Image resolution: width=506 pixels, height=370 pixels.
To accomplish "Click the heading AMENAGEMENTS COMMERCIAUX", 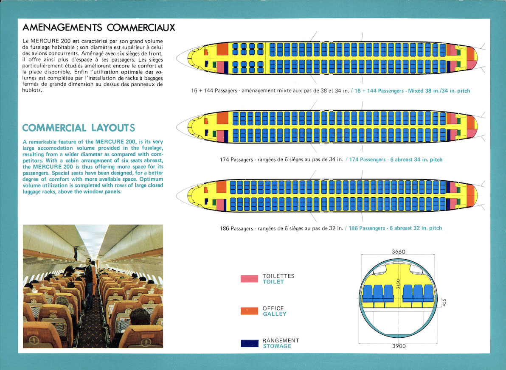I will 98,28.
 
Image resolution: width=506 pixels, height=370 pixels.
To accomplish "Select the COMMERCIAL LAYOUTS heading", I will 79,128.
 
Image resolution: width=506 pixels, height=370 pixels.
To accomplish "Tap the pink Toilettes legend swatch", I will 249,279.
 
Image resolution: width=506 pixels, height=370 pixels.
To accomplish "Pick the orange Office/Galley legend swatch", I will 249,311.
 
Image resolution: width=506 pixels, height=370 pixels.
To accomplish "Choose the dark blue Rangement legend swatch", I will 249,343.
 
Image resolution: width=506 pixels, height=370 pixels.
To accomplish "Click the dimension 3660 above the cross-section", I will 398,252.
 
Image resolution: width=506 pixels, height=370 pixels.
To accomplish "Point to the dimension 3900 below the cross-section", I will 398,346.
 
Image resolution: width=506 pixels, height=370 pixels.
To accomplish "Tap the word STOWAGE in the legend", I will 277,346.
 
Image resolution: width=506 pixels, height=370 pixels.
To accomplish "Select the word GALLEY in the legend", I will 274,314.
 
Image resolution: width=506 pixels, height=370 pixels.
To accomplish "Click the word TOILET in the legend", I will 273,282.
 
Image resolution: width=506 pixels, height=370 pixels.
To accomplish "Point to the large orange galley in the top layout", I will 222,49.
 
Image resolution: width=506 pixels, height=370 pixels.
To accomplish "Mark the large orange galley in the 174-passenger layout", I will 222,118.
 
